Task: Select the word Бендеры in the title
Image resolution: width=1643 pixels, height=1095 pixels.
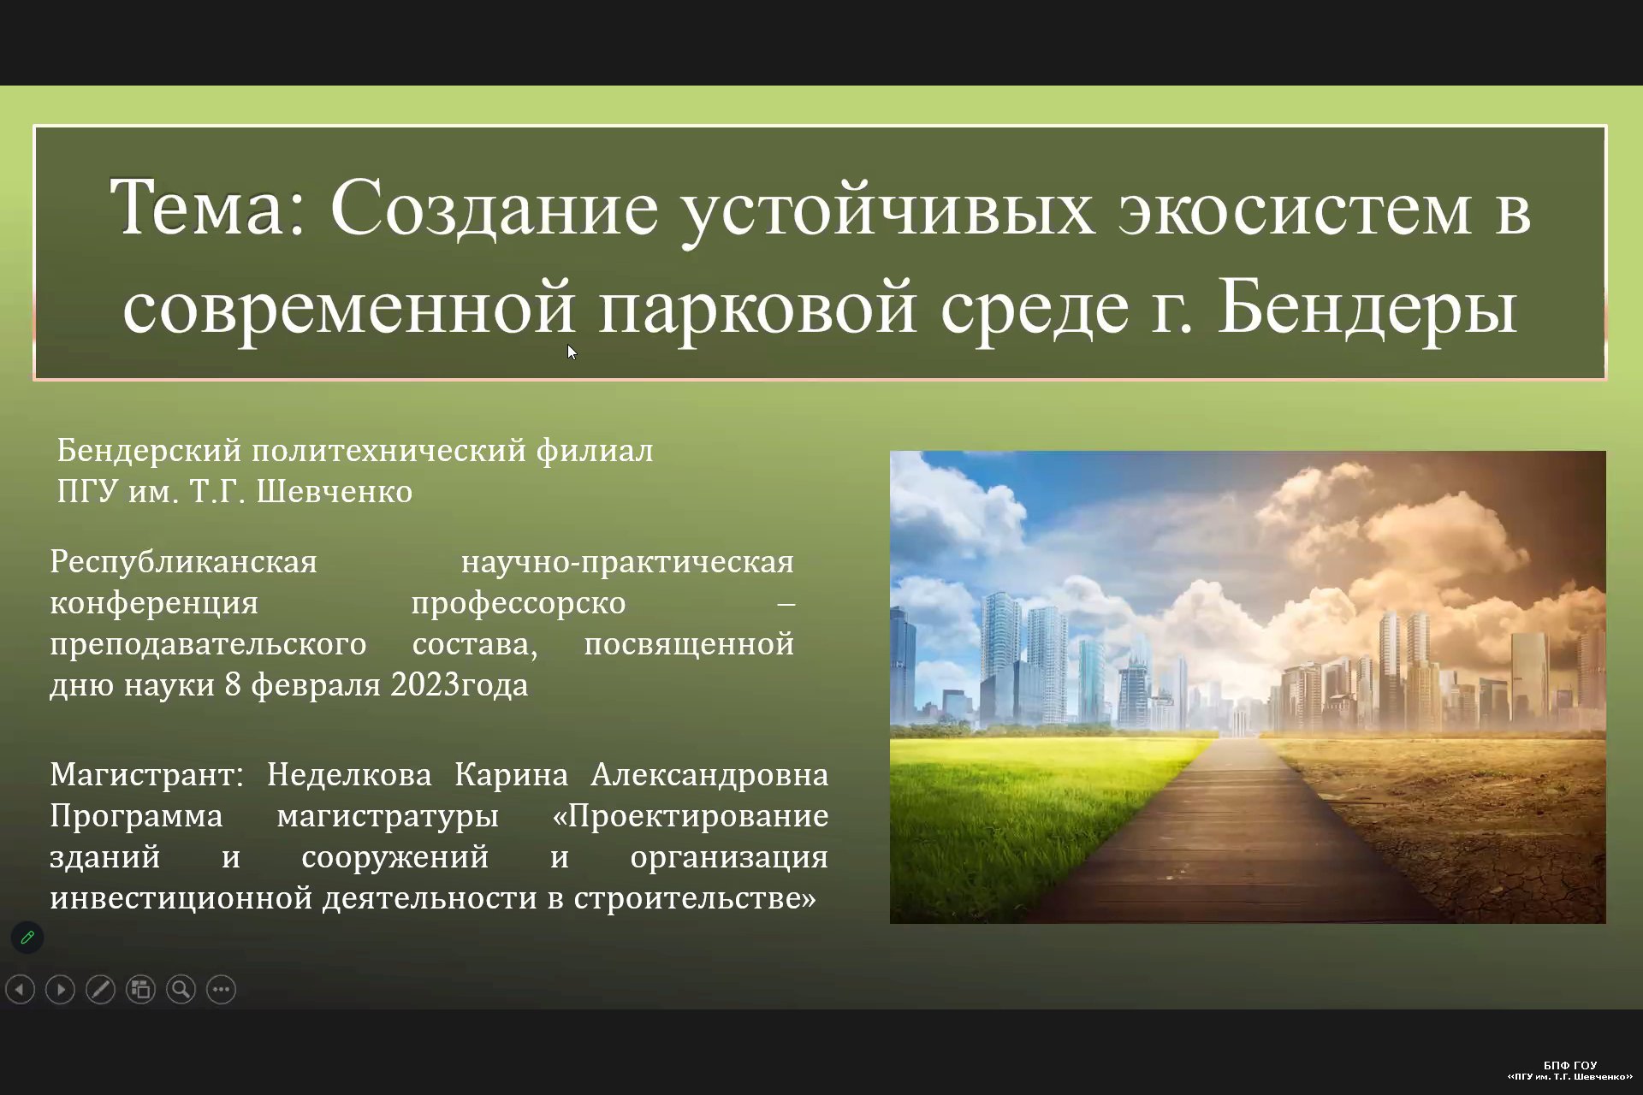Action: [x=1367, y=306]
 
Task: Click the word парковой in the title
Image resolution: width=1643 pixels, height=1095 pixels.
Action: [x=757, y=308]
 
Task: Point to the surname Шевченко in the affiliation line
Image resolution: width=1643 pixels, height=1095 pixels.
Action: [x=334, y=492]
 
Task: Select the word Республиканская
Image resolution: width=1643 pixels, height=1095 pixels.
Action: [x=183, y=563]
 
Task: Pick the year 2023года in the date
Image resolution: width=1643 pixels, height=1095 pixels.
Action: [x=460, y=685]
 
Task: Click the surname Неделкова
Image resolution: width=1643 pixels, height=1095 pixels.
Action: [x=349, y=775]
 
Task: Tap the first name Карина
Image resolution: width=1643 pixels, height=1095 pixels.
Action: [x=511, y=775]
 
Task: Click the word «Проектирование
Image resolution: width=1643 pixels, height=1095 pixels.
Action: [x=691, y=816]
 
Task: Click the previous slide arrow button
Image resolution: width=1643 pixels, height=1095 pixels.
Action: [x=20, y=990]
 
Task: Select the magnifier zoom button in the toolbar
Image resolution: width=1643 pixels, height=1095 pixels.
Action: [x=181, y=990]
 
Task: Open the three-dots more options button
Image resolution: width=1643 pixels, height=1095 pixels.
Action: [x=221, y=990]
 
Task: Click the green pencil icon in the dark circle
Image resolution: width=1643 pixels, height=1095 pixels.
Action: [x=27, y=938]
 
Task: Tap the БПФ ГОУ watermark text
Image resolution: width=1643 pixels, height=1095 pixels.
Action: [x=1570, y=1066]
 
